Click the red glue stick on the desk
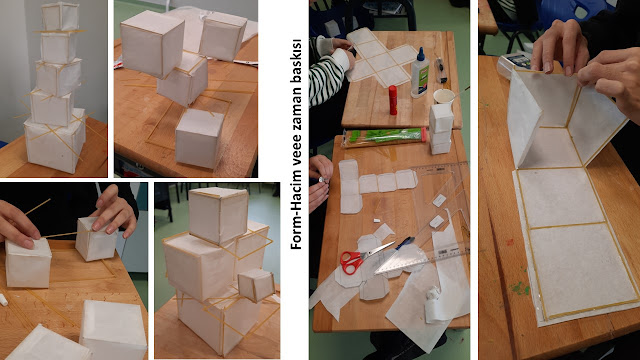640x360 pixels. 393,100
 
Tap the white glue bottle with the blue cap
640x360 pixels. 420,73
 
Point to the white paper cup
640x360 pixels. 444,97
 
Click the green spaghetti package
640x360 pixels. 384,137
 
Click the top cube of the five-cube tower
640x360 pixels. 60,16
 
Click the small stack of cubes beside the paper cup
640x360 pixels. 441,129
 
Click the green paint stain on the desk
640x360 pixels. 519,287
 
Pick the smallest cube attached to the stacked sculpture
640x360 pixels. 256,285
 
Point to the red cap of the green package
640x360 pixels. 425,134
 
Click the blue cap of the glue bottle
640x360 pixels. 421,53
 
